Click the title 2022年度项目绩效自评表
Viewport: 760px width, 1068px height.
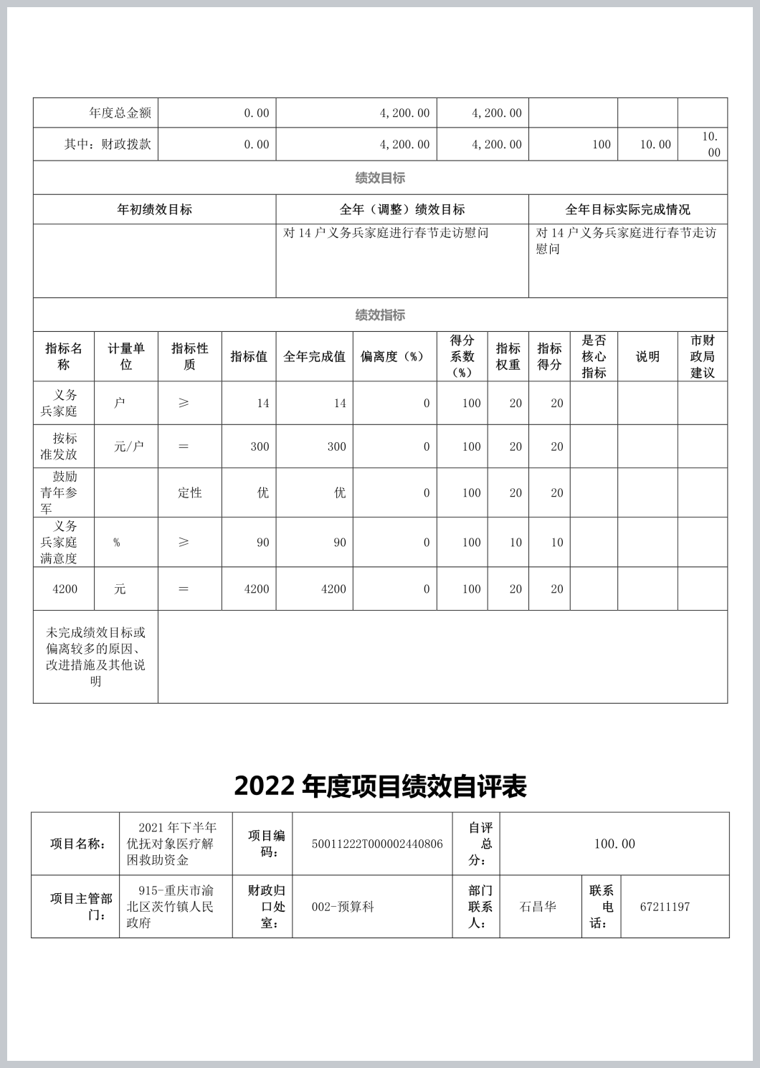pos(380,786)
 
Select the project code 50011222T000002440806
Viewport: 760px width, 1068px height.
pos(377,844)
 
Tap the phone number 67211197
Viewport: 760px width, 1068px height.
pos(665,907)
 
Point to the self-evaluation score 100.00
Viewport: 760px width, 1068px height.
pos(614,844)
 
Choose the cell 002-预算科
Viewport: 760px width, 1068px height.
pos(343,907)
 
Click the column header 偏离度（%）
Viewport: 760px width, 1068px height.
pos(394,356)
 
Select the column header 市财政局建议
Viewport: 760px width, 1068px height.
pos(702,356)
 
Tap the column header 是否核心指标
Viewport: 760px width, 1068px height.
pos(594,356)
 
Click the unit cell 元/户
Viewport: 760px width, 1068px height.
pos(128,447)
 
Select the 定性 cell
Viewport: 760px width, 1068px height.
pos(190,492)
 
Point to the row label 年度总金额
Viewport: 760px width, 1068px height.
pos(120,113)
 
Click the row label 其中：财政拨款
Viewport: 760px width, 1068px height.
pos(108,144)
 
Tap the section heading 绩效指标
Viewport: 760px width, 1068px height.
pos(380,315)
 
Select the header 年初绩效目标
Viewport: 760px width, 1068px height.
pos(154,209)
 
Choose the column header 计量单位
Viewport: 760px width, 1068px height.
pos(126,356)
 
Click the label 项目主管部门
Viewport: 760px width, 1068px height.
pos(80,907)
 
